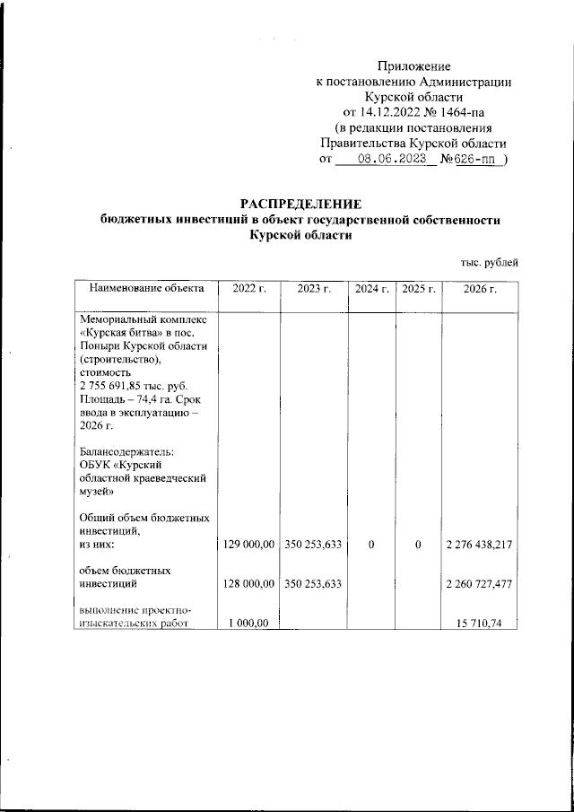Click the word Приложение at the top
pyautogui.click(x=413, y=65)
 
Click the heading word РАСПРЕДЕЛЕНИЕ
pyautogui.click(x=300, y=204)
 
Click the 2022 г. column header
pyautogui.click(x=249, y=288)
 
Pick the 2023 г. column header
pyautogui.click(x=314, y=288)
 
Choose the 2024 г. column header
pyautogui.click(x=371, y=288)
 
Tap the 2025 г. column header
pyautogui.click(x=418, y=288)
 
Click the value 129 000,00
pyautogui.click(x=248, y=544)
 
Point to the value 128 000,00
pyautogui.click(x=248, y=584)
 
